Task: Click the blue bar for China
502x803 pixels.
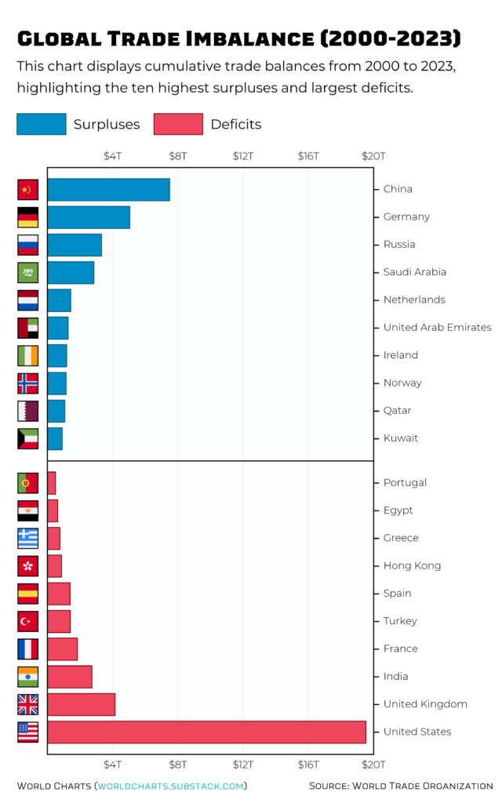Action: (x=108, y=190)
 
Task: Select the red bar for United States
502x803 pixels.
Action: (x=206, y=732)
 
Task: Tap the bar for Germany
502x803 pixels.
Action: (x=89, y=217)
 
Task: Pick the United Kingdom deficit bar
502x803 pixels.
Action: (x=82, y=704)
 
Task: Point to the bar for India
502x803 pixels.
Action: (x=70, y=677)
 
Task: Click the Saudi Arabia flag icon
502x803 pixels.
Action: (x=27, y=272)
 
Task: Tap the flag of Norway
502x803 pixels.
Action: (x=27, y=383)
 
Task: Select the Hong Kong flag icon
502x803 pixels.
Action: (x=27, y=565)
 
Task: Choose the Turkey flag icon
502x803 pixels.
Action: (x=27, y=621)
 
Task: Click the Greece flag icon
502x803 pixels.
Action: (x=27, y=538)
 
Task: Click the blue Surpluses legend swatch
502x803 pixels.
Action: (x=42, y=124)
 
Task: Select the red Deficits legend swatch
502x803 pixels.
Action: (x=178, y=124)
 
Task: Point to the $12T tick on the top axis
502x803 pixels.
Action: (x=243, y=156)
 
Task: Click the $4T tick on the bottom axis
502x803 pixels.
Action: (x=113, y=764)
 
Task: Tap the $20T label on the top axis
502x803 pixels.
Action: (x=373, y=156)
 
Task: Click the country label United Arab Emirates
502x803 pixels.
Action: (x=437, y=328)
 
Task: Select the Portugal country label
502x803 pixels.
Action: (x=405, y=483)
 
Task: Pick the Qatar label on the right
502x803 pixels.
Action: (x=397, y=411)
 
